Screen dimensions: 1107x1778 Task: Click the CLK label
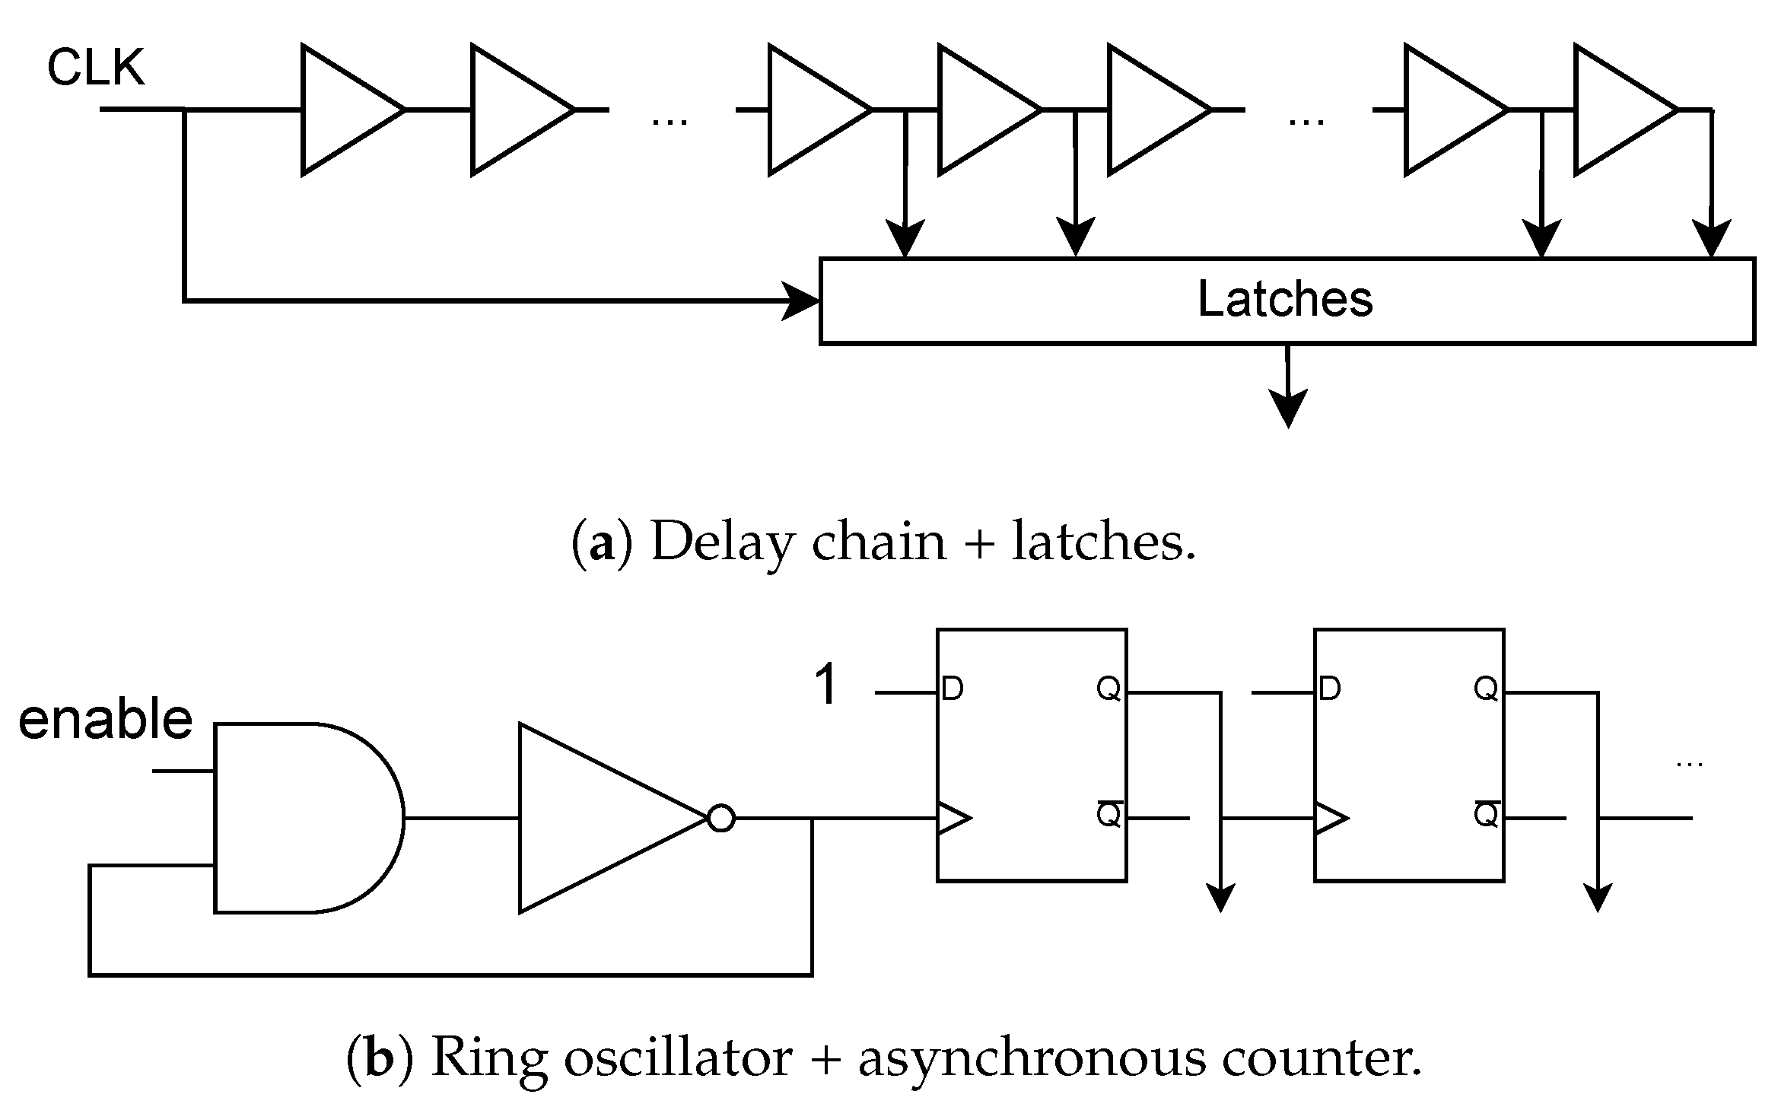(x=96, y=68)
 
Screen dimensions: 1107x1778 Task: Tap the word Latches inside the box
(x=1285, y=299)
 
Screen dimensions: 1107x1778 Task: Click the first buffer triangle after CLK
(x=342, y=110)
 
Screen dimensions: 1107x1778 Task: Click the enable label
(x=105, y=720)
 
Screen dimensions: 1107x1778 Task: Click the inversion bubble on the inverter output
(x=720, y=819)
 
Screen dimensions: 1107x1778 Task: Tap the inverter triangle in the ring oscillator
(x=601, y=818)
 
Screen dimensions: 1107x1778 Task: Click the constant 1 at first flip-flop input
(x=827, y=685)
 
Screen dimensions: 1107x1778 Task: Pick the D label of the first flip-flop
(x=953, y=689)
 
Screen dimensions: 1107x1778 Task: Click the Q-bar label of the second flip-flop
(x=1485, y=814)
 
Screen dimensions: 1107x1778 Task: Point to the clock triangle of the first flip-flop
(x=953, y=819)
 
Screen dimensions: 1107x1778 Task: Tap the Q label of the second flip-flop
(x=1485, y=689)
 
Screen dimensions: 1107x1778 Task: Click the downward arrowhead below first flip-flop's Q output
(x=1220, y=898)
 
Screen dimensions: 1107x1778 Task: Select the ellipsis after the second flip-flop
(x=1689, y=764)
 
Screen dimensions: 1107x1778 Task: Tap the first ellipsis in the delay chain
(x=670, y=120)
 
